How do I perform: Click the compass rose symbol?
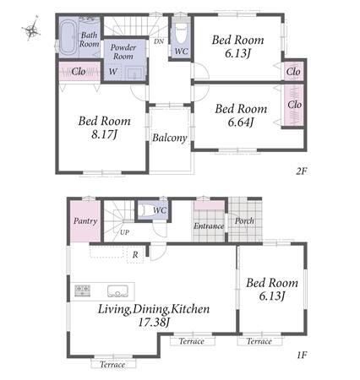[31, 29]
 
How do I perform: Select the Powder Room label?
[123, 52]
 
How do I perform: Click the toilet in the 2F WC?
[181, 34]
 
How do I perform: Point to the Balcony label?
[170, 138]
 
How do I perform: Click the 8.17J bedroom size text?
[104, 134]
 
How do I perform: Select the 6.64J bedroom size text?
[241, 122]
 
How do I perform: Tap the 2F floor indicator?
[301, 171]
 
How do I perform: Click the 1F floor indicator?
[302, 355]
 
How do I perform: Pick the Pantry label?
[85, 221]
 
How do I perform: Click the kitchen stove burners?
[83, 290]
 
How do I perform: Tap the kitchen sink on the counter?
[117, 291]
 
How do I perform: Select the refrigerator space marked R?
[135, 255]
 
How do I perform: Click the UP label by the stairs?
[124, 232]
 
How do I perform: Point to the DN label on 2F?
[159, 41]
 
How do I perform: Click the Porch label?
[244, 221]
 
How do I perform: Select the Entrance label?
[209, 226]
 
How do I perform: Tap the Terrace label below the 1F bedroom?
[259, 341]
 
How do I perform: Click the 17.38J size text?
[154, 323]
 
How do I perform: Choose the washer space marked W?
[113, 72]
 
